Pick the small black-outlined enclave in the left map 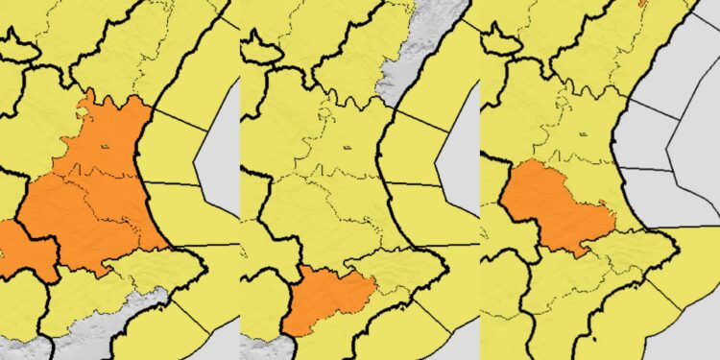coord(19,42)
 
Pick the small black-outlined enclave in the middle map coord(260,42)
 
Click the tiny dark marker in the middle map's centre coord(344,146)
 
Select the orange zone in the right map coord(552,206)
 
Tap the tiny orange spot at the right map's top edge coord(641,3)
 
